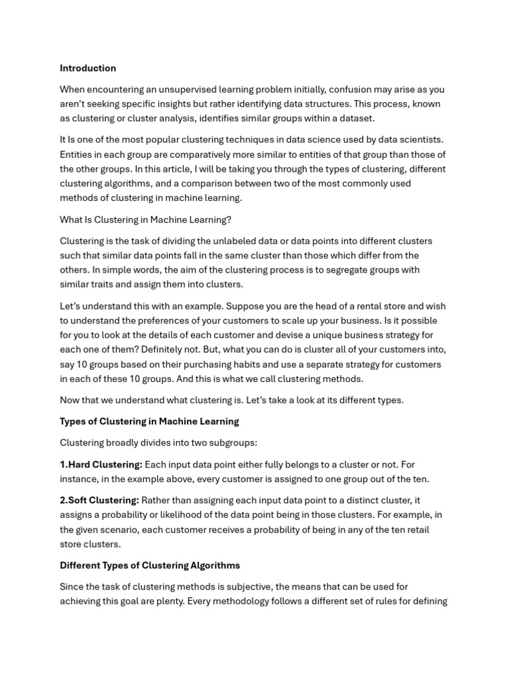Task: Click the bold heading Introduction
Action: pyautogui.click(x=87, y=68)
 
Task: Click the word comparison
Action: pyautogui.click(x=251, y=183)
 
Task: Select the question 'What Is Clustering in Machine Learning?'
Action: pyautogui.click(x=146, y=219)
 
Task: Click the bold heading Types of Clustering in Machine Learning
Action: pyautogui.click(x=149, y=422)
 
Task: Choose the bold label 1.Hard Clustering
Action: pyautogui.click(x=101, y=465)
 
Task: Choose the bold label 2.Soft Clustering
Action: pyautogui.click(x=99, y=501)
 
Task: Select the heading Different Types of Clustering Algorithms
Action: pyautogui.click(x=150, y=566)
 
